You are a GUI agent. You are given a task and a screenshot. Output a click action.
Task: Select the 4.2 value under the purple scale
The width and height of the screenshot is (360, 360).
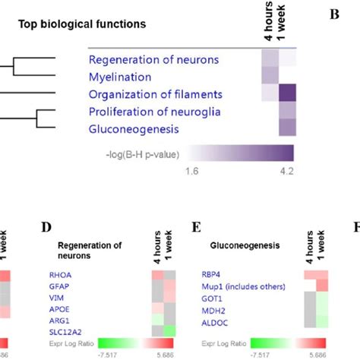point(286,172)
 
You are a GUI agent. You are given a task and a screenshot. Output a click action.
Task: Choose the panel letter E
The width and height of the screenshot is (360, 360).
point(197,227)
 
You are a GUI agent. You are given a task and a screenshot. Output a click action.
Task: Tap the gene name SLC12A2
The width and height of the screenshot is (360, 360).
point(65,332)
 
